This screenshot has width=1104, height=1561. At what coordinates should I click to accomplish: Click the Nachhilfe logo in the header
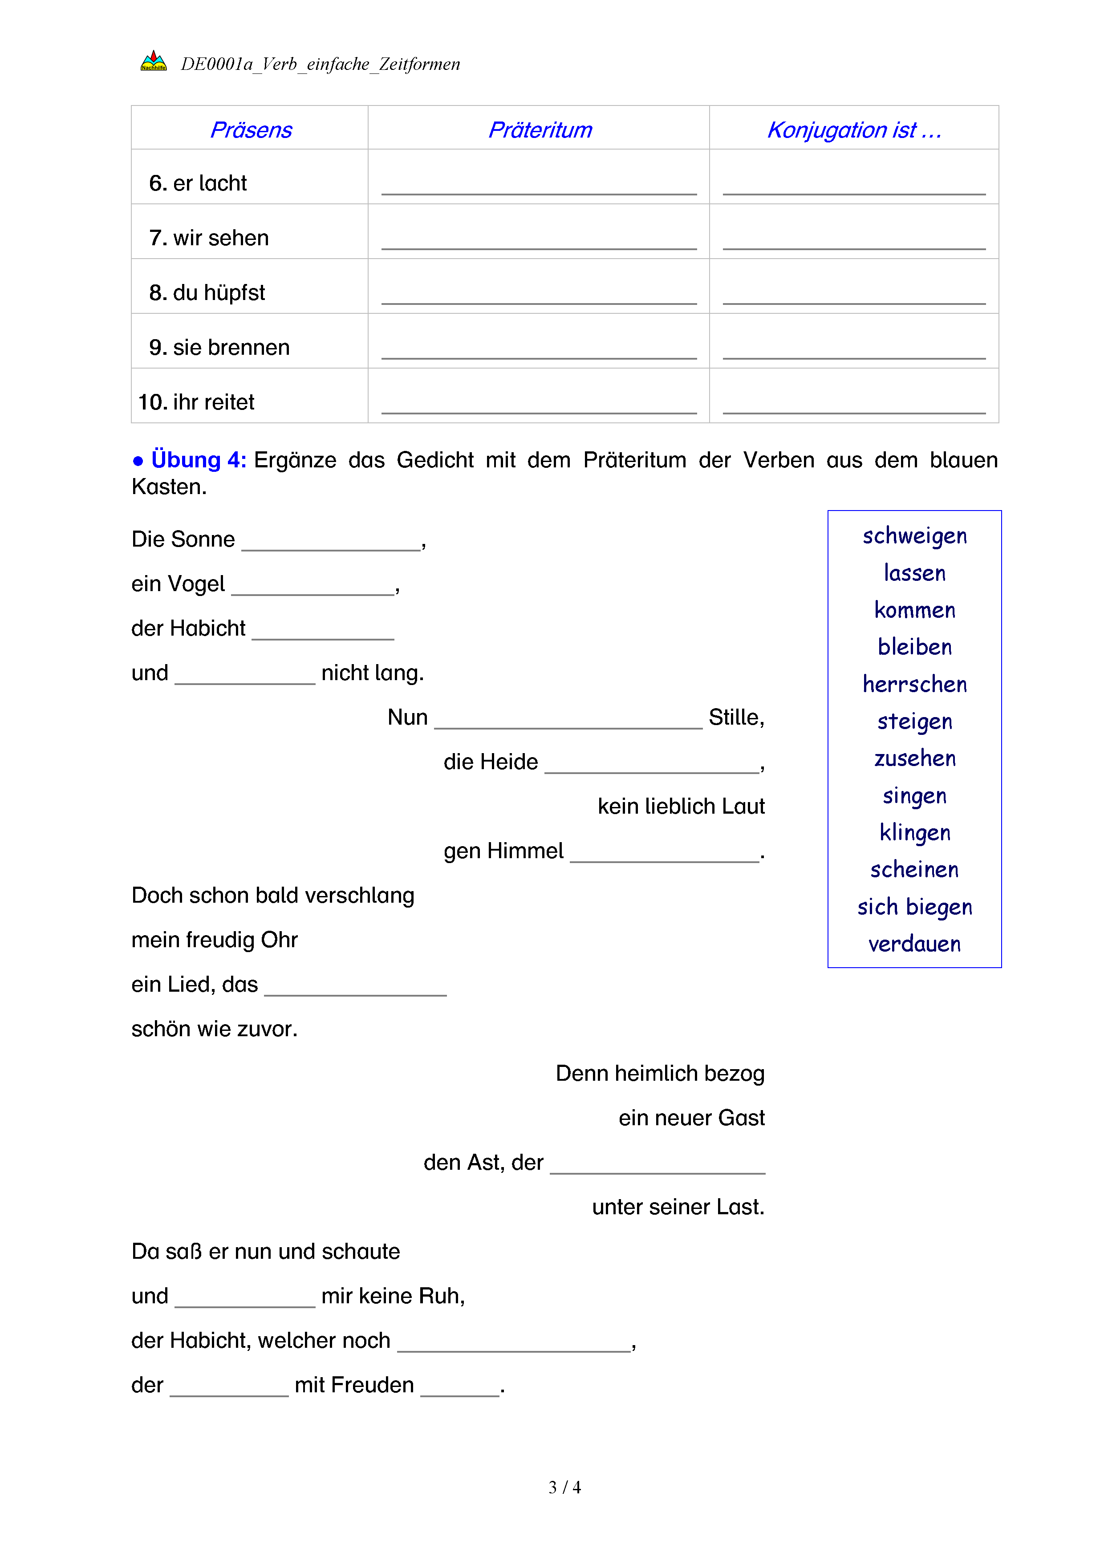[154, 62]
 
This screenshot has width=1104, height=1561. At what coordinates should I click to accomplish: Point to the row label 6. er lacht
[198, 183]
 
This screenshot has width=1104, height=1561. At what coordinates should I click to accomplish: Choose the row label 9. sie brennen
[219, 348]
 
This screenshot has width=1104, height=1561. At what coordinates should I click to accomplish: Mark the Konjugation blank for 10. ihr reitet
[854, 404]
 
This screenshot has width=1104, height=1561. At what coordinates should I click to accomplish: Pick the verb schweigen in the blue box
[914, 536]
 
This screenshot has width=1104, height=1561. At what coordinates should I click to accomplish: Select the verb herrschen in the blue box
[914, 684]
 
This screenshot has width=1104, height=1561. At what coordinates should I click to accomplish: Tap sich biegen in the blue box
[914, 907]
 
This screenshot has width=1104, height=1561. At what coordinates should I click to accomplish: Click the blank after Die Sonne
[331, 541]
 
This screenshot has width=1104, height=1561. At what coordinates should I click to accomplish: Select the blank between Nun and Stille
[568, 719]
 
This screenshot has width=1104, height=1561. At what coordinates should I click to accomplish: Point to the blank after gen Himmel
[664, 852]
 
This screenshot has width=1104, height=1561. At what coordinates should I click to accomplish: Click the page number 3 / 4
[564, 1488]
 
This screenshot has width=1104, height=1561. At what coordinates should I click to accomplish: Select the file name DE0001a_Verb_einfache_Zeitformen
[320, 64]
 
